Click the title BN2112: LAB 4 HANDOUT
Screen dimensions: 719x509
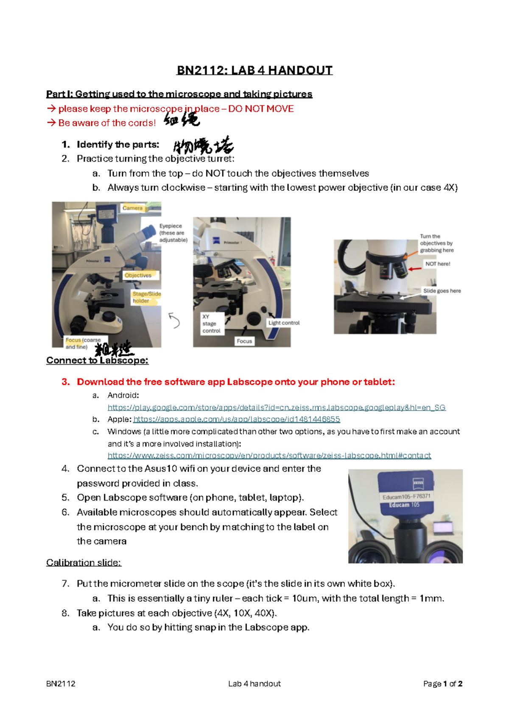pyautogui.click(x=255, y=70)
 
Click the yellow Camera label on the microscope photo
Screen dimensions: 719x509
pyautogui.click(x=133, y=208)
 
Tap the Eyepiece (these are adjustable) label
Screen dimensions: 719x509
pyautogui.click(x=173, y=233)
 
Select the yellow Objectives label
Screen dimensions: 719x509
pyautogui.click(x=138, y=275)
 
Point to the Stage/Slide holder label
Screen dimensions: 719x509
pyautogui.click(x=146, y=297)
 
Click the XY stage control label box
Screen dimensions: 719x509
pyautogui.click(x=211, y=323)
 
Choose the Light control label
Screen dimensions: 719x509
pyautogui.click(x=284, y=323)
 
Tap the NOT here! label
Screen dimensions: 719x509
pyautogui.click(x=438, y=264)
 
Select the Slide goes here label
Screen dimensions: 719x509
pyautogui.click(x=442, y=291)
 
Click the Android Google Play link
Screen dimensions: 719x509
pyautogui.click(x=277, y=407)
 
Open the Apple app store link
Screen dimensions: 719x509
pyautogui.click(x=237, y=419)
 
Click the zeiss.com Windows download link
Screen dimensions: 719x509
pyautogui.click(x=269, y=455)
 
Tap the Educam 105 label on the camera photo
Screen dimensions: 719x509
pyautogui.click(x=404, y=505)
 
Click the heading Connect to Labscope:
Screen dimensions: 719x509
pyautogui.click(x=97, y=360)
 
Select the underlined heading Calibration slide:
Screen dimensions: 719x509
pyautogui.click(x=84, y=563)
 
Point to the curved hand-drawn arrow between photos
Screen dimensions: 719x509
pyautogui.click(x=174, y=320)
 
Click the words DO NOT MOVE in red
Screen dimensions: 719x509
pyautogui.click(x=261, y=109)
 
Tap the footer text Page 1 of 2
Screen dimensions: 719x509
pyautogui.click(x=442, y=683)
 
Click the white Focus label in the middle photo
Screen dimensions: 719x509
pyautogui.click(x=244, y=341)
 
